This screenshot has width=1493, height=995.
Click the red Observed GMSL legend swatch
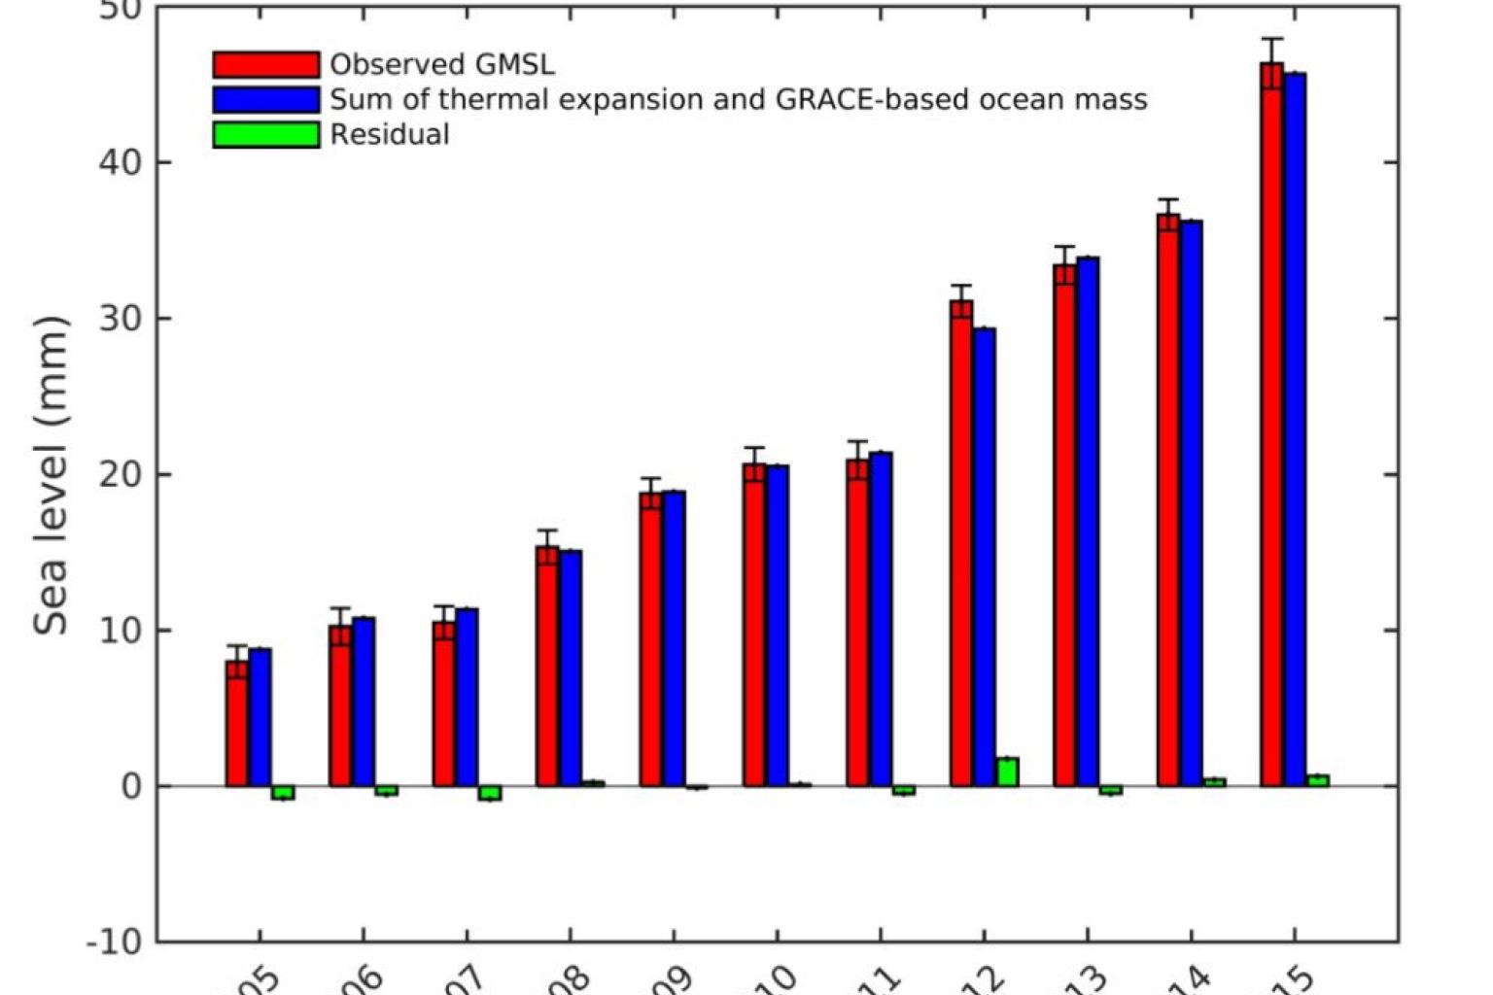(265, 64)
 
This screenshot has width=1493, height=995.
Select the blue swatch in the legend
(265, 99)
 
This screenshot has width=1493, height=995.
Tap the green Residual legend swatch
(265, 134)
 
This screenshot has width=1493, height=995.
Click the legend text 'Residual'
(390, 134)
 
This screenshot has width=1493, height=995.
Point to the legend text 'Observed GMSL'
(442, 64)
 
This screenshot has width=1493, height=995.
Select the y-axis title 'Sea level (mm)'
(51, 475)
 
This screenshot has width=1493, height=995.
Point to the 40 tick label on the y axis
(121, 162)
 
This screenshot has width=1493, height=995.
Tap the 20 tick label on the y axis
(121, 474)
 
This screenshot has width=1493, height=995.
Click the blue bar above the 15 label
(1295, 428)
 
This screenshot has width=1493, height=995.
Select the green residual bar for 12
(1007, 772)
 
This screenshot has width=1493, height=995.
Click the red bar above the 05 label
(237, 724)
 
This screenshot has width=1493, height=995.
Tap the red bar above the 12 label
(961, 544)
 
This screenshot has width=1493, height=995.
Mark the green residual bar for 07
(490, 793)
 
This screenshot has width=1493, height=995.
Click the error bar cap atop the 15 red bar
(1271, 39)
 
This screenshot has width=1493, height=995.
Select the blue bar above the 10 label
(778, 627)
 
